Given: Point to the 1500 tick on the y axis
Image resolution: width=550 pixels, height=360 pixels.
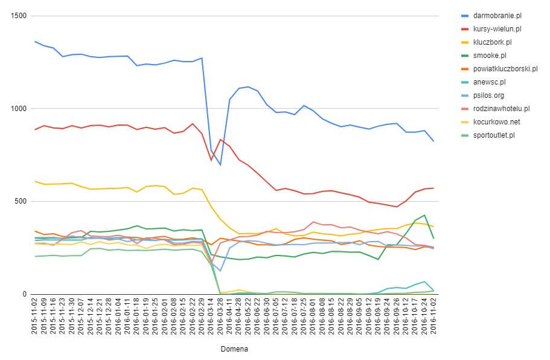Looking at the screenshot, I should [x=19, y=16].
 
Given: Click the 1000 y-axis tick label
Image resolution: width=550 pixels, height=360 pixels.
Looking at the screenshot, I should [x=19, y=109].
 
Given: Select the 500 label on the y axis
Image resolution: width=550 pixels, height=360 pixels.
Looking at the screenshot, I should [x=21, y=201].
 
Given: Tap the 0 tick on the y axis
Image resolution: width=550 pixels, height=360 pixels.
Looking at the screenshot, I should [x=24, y=294].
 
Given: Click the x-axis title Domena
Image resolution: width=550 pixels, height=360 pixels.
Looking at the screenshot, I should [x=234, y=349].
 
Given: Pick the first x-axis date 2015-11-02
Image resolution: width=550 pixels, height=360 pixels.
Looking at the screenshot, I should [x=35, y=317].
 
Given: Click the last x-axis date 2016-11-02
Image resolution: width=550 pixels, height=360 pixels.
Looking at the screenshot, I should [x=432, y=317].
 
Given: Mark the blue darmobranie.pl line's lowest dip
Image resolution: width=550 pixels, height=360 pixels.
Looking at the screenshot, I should [x=220, y=164].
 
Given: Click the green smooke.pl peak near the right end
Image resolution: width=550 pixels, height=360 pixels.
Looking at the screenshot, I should [x=424, y=215].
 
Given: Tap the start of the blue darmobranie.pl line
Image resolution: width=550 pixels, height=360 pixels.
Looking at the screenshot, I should [x=35, y=42].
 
